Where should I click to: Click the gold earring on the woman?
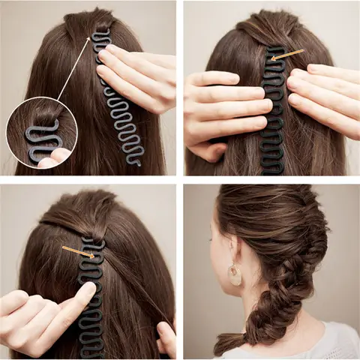coord(235,274)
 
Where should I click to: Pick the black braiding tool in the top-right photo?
coord(274,112)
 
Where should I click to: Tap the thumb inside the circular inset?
coord(54,157)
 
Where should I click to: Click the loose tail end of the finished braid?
coord(225,346)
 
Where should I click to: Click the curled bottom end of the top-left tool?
coord(133,159)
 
